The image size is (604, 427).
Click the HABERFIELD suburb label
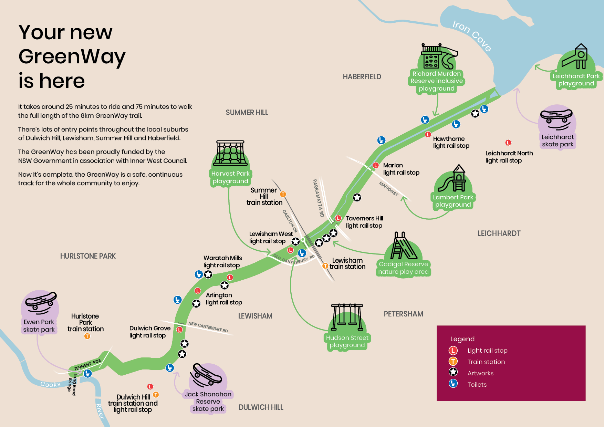(362, 77)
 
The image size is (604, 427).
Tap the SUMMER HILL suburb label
(247, 113)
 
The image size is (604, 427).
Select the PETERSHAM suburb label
(403, 314)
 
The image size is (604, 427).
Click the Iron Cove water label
(471, 35)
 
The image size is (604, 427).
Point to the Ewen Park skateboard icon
(41, 303)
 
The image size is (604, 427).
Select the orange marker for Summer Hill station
(283, 194)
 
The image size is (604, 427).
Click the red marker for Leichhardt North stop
(508, 143)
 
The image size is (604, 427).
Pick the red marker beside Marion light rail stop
(376, 165)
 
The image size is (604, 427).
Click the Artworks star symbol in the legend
(453, 372)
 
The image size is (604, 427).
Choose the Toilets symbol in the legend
(453, 383)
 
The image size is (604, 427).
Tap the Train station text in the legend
(486, 362)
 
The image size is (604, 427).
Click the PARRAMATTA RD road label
(318, 198)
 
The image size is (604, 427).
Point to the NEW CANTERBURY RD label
(208, 327)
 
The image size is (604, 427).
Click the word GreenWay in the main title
(72, 56)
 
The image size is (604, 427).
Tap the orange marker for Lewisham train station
(325, 266)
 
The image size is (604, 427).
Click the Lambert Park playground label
(453, 201)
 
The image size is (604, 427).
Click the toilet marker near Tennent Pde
(87, 373)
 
